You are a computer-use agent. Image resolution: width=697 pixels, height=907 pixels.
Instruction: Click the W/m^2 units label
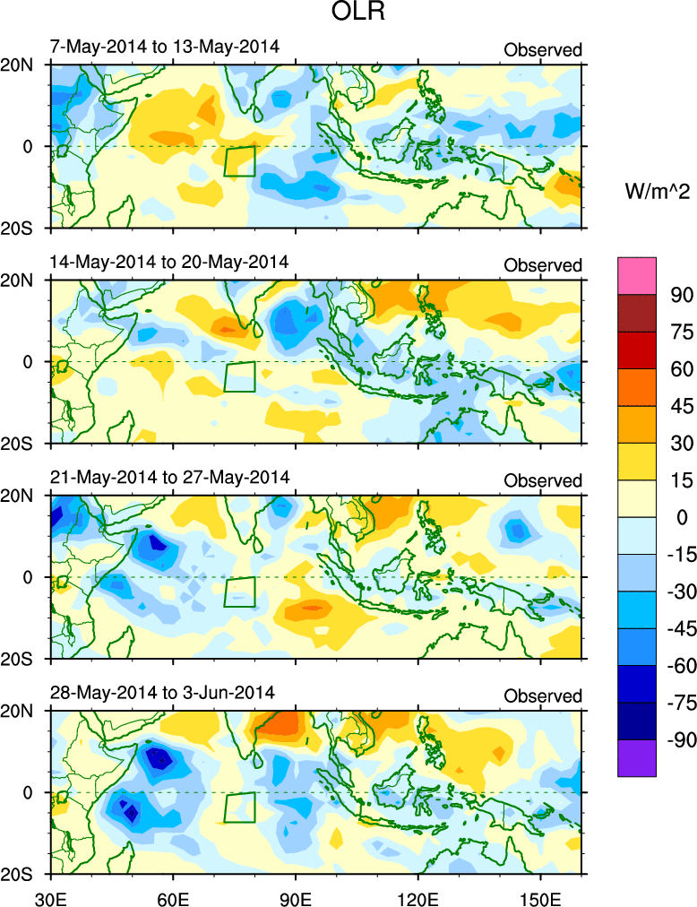(x=655, y=190)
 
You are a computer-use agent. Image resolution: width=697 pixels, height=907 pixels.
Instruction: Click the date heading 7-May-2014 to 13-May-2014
(x=165, y=47)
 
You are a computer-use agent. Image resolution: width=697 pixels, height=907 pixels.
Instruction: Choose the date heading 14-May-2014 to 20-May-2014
(x=169, y=262)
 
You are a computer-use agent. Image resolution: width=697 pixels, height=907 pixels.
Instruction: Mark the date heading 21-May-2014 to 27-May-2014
(x=169, y=477)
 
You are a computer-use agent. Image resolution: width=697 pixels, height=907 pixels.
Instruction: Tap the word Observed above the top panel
(x=543, y=50)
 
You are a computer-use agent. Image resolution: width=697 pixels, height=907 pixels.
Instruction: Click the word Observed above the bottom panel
(x=543, y=695)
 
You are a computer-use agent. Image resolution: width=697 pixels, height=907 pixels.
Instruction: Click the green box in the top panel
(x=239, y=161)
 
